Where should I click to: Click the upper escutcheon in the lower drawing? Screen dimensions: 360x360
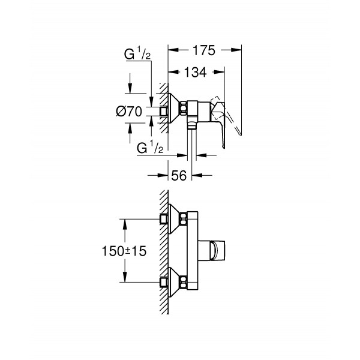[x=176, y=218]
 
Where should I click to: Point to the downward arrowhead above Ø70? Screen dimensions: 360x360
[x=130, y=90]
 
